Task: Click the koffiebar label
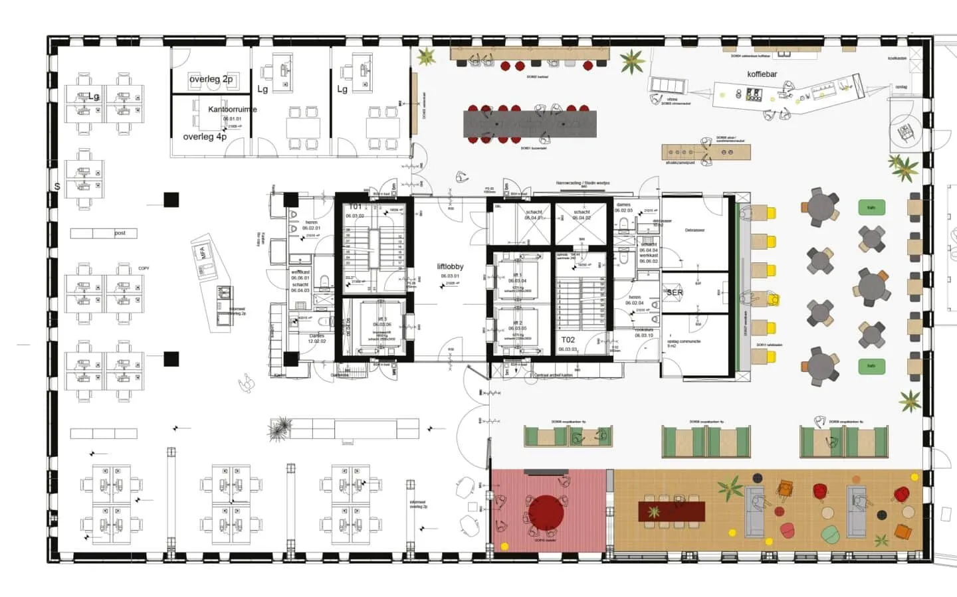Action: coord(762,74)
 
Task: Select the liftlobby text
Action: coord(450,267)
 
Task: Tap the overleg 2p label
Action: coord(211,79)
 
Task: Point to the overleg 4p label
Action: coord(205,137)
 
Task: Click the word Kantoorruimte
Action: coord(232,110)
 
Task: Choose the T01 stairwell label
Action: coord(356,207)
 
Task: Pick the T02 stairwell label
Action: coord(568,340)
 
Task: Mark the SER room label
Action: coord(675,292)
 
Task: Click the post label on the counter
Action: coord(120,233)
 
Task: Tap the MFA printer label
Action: coord(204,252)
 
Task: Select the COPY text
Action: coord(144,268)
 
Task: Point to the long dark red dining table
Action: coord(671,511)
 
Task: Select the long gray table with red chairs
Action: coord(530,124)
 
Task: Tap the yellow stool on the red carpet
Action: coord(504,546)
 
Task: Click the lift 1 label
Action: coord(517,274)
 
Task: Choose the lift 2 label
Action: coord(517,323)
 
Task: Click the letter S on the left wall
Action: coord(57,187)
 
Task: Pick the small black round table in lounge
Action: coord(882,515)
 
